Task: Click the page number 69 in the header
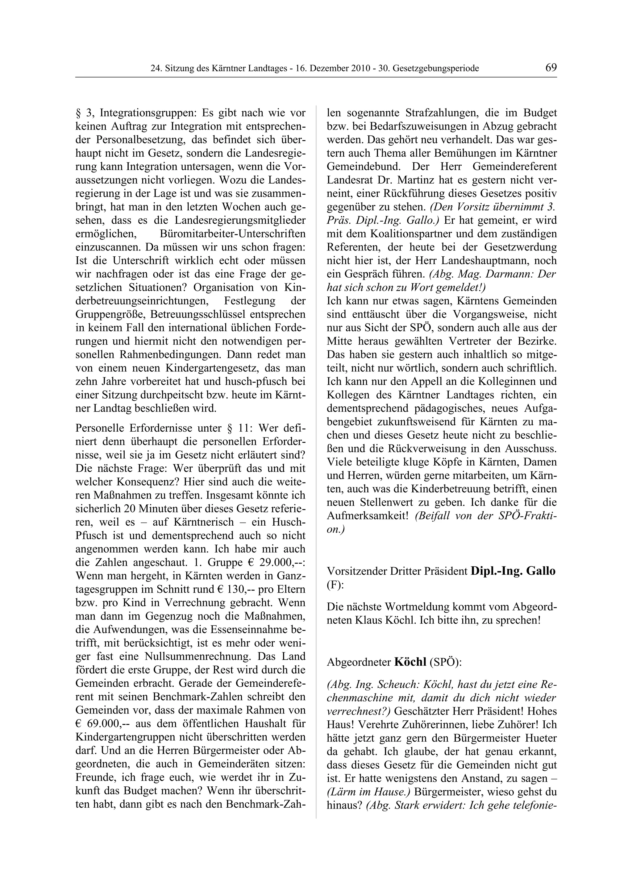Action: [x=551, y=68]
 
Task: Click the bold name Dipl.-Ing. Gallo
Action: [x=513, y=571]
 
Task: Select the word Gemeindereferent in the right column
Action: [x=514, y=167]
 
